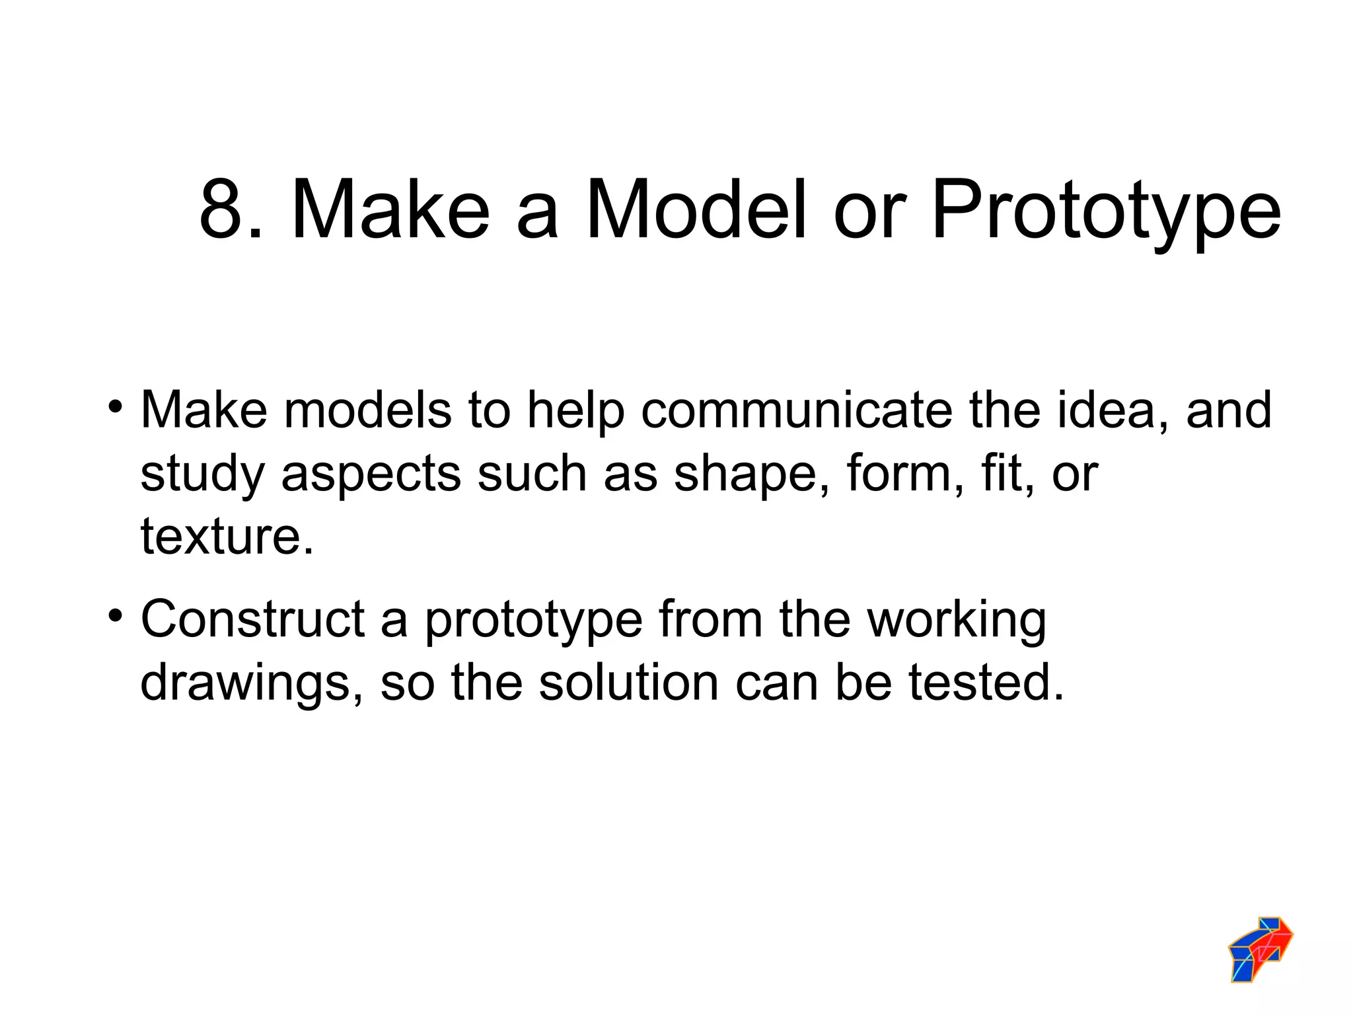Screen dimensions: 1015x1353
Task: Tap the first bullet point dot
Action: coord(116,404)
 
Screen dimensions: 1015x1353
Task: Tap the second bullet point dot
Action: coord(116,615)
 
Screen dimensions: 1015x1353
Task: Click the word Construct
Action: coord(252,620)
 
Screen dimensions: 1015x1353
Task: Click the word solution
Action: coord(628,682)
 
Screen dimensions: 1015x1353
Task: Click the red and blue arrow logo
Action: coord(1260,948)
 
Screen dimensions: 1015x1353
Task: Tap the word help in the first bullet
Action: coord(575,411)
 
